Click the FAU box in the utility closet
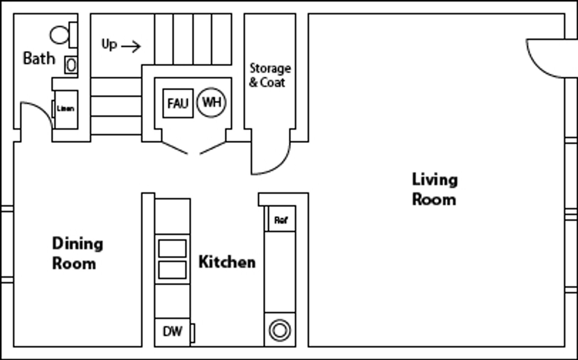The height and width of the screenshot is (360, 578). pyautogui.click(x=178, y=103)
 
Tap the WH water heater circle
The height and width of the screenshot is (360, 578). pyautogui.click(x=211, y=102)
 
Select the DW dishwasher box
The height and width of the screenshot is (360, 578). pyautogui.click(x=172, y=332)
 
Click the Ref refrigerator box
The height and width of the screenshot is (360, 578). pyautogui.click(x=281, y=220)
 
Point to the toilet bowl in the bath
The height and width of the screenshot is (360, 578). pyautogui.click(x=59, y=35)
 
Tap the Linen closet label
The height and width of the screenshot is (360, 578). pyautogui.click(x=66, y=109)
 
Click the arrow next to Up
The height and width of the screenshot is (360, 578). pyautogui.click(x=131, y=47)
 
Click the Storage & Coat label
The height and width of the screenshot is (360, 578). pyautogui.click(x=270, y=75)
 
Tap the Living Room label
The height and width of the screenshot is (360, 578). pyautogui.click(x=434, y=190)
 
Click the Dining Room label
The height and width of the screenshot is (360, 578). pyautogui.click(x=77, y=253)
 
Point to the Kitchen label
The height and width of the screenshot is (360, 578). pyautogui.click(x=227, y=262)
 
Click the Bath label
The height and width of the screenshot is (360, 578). pyautogui.click(x=39, y=58)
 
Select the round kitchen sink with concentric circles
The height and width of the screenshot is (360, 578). pyautogui.click(x=280, y=330)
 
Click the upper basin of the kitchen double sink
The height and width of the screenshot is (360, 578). pyautogui.click(x=172, y=248)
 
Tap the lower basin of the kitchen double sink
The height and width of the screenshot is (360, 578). pyautogui.click(x=172, y=270)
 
